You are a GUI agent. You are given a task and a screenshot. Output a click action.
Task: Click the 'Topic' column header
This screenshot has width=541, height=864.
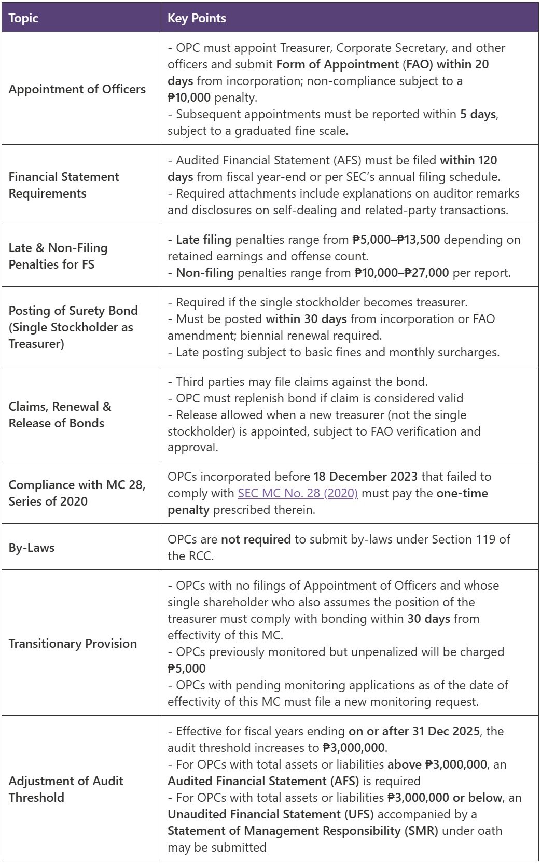(x=23, y=18)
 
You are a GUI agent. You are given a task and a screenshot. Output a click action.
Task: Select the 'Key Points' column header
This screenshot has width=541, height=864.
(x=197, y=18)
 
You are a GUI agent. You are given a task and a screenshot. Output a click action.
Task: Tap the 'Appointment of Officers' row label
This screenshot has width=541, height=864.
(x=77, y=89)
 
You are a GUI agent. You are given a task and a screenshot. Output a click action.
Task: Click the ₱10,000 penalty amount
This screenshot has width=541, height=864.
(x=189, y=97)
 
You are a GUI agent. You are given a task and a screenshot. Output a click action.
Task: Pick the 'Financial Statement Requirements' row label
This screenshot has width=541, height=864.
(x=64, y=185)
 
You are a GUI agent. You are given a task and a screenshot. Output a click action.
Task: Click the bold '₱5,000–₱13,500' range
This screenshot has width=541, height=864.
(x=396, y=240)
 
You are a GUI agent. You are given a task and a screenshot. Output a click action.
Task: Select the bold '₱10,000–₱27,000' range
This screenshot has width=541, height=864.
(x=401, y=273)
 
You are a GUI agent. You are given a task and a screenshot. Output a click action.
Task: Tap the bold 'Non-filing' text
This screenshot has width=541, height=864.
(x=205, y=273)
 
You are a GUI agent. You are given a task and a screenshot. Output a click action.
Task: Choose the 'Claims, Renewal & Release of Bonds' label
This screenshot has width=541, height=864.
(x=60, y=415)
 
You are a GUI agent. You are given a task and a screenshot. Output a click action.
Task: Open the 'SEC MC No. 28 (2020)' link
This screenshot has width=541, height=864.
(x=298, y=493)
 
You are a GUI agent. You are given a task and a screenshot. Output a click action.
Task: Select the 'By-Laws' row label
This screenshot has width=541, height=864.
(x=32, y=548)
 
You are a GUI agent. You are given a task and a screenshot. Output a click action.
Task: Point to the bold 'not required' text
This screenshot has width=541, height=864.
(x=256, y=539)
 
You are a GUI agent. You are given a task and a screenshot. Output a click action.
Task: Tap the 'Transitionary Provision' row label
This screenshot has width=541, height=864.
(x=73, y=644)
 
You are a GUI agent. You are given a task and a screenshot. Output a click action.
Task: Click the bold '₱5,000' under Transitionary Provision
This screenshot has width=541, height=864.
(x=187, y=668)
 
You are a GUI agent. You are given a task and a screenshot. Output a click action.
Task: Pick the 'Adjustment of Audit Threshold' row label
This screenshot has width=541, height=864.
(x=66, y=789)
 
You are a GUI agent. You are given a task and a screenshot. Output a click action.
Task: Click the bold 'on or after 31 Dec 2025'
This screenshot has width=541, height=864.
(x=414, y=731)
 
